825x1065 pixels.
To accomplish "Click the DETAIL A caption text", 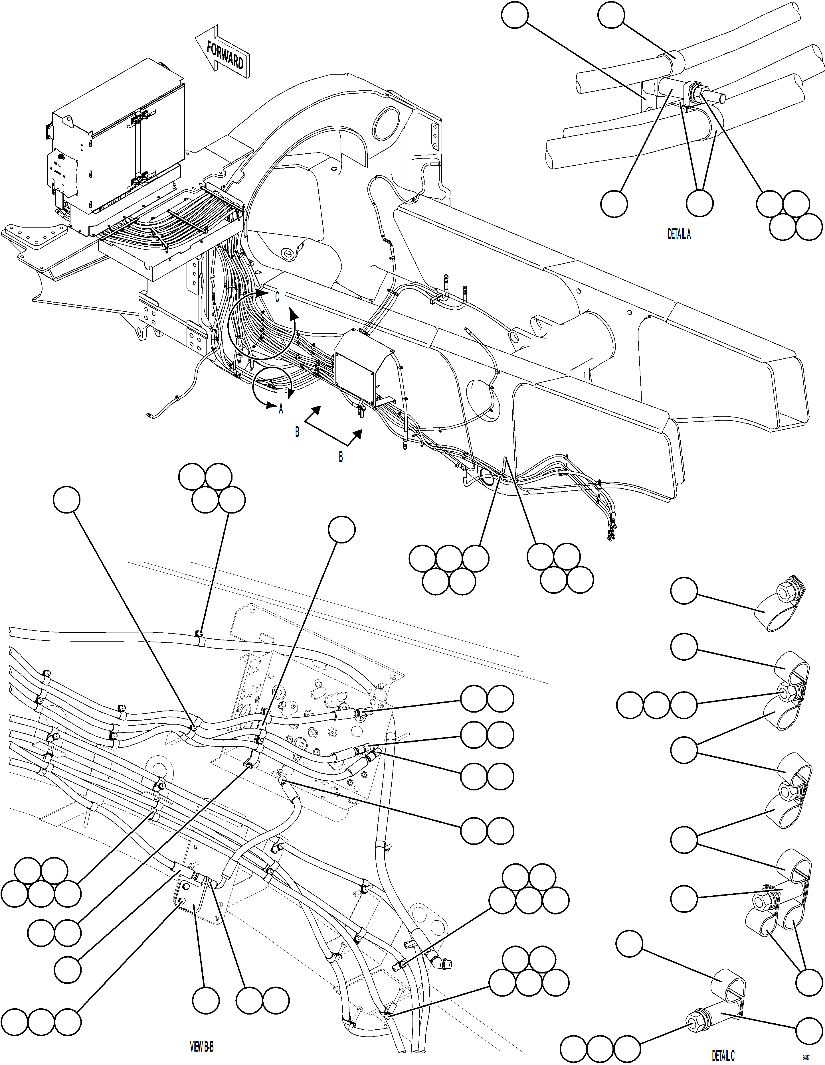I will [x=679, y=235].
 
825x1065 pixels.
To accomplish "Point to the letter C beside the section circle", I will [x=277, y=297].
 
